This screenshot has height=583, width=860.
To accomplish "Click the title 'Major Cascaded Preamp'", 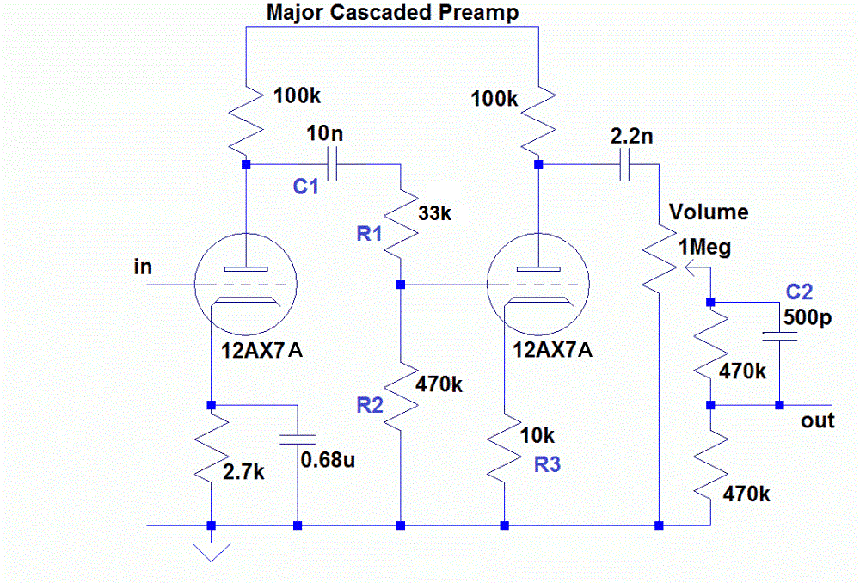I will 392,13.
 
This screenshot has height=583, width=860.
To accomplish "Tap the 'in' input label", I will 143,267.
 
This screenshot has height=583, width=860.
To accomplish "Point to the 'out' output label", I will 818,421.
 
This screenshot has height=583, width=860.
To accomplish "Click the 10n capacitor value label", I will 328,135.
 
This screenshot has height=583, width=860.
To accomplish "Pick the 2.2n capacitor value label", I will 631,136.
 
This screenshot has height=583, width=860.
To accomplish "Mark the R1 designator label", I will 370,235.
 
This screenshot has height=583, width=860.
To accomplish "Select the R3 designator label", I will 548,465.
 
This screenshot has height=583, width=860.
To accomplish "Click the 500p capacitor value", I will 808,317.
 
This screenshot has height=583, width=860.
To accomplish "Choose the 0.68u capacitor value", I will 328,459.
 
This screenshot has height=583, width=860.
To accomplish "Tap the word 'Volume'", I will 709,212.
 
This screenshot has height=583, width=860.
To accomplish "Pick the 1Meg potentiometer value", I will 706,249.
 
